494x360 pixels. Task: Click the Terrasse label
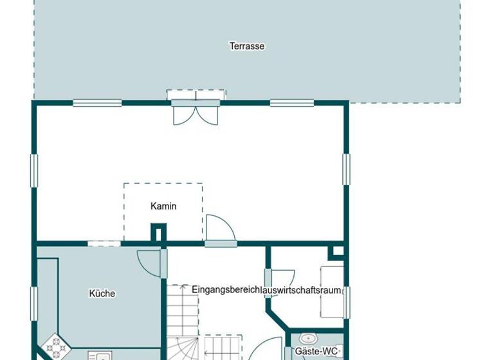(x=247, y=46)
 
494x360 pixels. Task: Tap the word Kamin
(x=163, y=206)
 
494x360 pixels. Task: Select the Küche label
(x=102, y=294)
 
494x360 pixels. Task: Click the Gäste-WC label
(x=316, y=352)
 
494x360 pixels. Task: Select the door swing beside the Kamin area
(x=219, y=228)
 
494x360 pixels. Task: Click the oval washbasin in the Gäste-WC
(x=308, y=338)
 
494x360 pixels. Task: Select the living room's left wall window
(x=34, y=170)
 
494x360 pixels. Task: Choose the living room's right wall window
(x=346, y=169)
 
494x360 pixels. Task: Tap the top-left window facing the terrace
(x=97, y=102)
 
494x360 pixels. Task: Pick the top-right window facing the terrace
(x=291, y=102)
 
